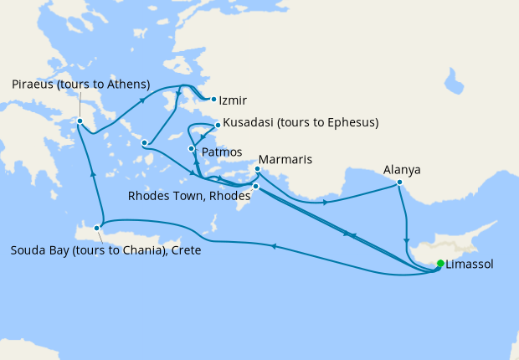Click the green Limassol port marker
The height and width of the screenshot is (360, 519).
coord(440,265)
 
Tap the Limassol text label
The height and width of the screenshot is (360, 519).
coord(470,264)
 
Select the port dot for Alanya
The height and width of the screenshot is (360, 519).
coord(400,183)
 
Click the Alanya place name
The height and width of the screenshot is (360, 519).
coord(402,169)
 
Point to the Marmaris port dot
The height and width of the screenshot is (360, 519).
coord(257,169)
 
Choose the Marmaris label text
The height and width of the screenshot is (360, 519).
coord(286,159)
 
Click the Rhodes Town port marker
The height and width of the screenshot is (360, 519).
coord(255,187)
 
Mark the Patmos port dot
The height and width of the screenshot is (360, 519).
coord(193,149)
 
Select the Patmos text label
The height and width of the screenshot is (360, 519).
coord(221,152)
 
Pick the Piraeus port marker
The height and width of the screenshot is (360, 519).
coord(80,121)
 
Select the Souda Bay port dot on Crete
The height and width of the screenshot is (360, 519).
coord(98,227)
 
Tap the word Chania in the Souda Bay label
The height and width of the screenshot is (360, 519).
coord(137,250)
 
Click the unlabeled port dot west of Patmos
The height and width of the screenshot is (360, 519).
coord(146,142)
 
